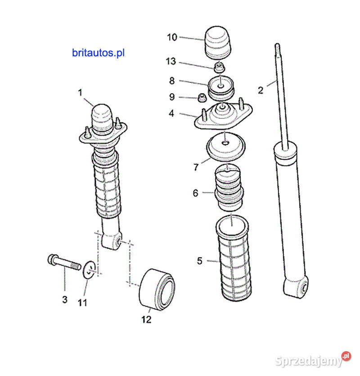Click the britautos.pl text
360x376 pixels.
[98, 53]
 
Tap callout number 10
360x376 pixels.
[172, 37]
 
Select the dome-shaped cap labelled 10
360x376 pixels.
[219, 43]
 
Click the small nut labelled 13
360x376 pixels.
[219, 68]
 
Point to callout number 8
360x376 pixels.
[172, 81]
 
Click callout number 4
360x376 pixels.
[171, 113]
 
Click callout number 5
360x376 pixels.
[200, 260]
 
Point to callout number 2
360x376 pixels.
[261, 90]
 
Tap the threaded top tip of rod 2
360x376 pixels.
[278, 48]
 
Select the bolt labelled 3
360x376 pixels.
[63, 263]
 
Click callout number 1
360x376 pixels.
[80, 93]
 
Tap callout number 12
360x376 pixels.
[146, 320]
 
